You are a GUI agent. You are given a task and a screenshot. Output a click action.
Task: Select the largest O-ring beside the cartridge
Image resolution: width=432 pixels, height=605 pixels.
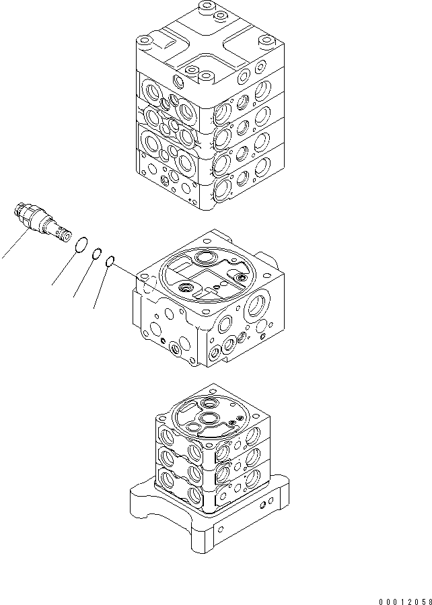[x=80, y=245]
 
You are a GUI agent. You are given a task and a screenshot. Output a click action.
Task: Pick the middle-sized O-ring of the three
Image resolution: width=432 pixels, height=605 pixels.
[x=97, y=254]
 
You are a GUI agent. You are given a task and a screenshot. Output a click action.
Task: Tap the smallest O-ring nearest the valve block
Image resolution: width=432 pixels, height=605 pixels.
[x=111, y=262]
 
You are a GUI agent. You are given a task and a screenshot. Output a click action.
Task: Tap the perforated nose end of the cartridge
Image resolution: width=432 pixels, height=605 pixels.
[x=62, y=234]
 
